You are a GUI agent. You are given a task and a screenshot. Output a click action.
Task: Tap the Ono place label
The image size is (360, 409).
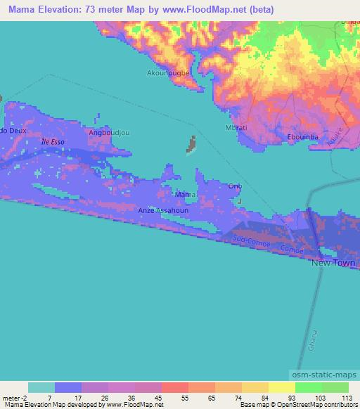(x=235, y=186)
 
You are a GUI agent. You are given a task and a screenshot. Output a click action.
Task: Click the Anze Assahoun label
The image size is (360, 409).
(x=165, y=210)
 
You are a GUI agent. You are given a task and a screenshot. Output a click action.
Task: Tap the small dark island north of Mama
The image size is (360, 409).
(x=191, y=145)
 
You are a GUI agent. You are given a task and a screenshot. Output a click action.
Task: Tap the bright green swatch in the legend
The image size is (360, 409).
(x=308, y=387)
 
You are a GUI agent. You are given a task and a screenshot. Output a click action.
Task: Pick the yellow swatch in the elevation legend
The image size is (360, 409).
(x=281, y=387)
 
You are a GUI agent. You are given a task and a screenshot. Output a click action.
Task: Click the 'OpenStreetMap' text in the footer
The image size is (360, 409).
(x=321, y=405)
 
